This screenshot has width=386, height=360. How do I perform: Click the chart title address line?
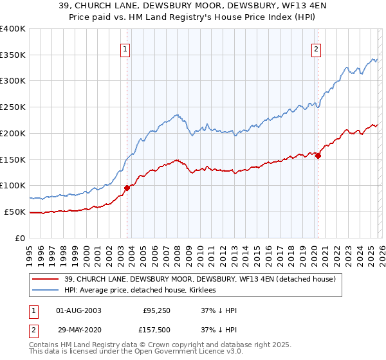[192, 6]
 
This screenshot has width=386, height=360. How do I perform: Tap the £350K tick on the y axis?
[13, 55]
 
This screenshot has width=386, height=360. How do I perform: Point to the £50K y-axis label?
[14, 212]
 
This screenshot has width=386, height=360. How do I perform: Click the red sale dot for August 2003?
[127, 188]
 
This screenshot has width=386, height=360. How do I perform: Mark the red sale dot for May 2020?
[318, 155]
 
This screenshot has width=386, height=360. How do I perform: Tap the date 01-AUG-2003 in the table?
[78, 310]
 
